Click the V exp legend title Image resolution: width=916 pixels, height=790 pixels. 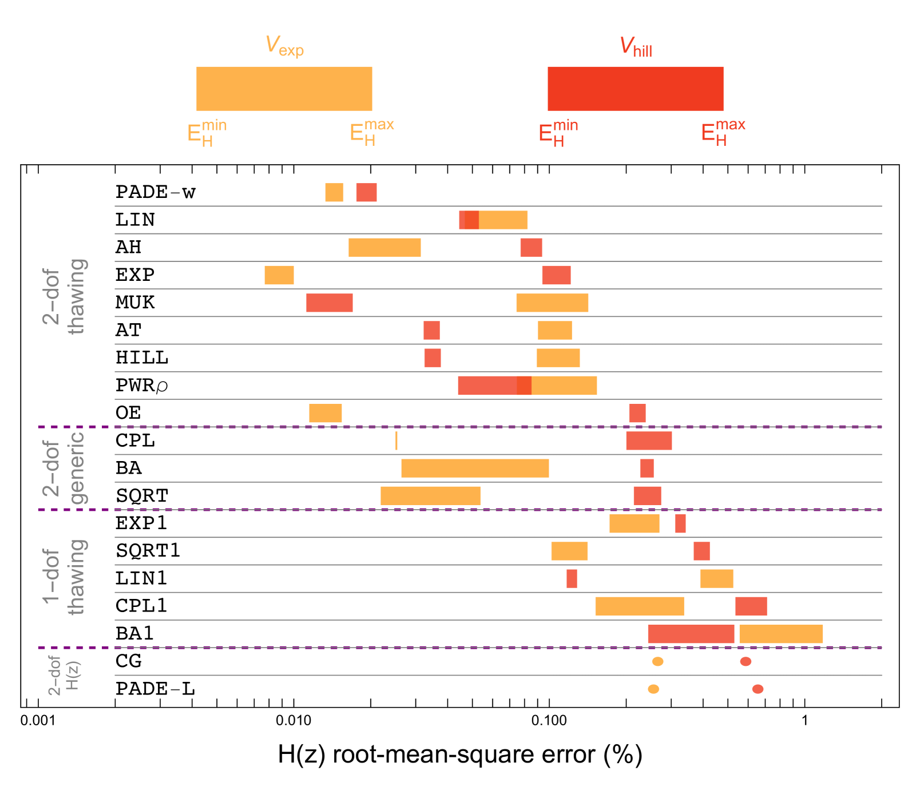(x=284, y=46)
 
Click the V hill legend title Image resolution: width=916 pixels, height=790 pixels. (x=635, y=46)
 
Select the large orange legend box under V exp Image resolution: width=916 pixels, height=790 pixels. (x=284, y=89)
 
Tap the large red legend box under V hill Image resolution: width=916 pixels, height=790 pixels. (x=635, y=89)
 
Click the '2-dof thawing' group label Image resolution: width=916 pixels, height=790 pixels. (x=64, y=296)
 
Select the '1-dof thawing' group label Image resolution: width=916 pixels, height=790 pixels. (x=64, y=577)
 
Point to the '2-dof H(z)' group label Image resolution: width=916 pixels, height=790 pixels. (x=64, y=676)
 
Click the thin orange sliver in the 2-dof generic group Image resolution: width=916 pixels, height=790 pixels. (x=396, y=441)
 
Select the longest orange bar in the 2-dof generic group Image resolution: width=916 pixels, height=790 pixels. (x=475, y=469)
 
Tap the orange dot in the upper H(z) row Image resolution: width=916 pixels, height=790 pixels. (x=658, y=662)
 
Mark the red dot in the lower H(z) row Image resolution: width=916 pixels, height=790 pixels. (x=758, y=689)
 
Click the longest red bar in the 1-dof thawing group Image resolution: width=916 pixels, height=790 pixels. (x=691, y=634)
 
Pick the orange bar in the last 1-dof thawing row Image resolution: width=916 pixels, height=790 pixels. (x=781, y=634)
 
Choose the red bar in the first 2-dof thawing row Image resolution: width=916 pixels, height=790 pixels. (x=366, y=193)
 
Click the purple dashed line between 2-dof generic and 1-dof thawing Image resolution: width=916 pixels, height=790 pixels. (x=458, y=510)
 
